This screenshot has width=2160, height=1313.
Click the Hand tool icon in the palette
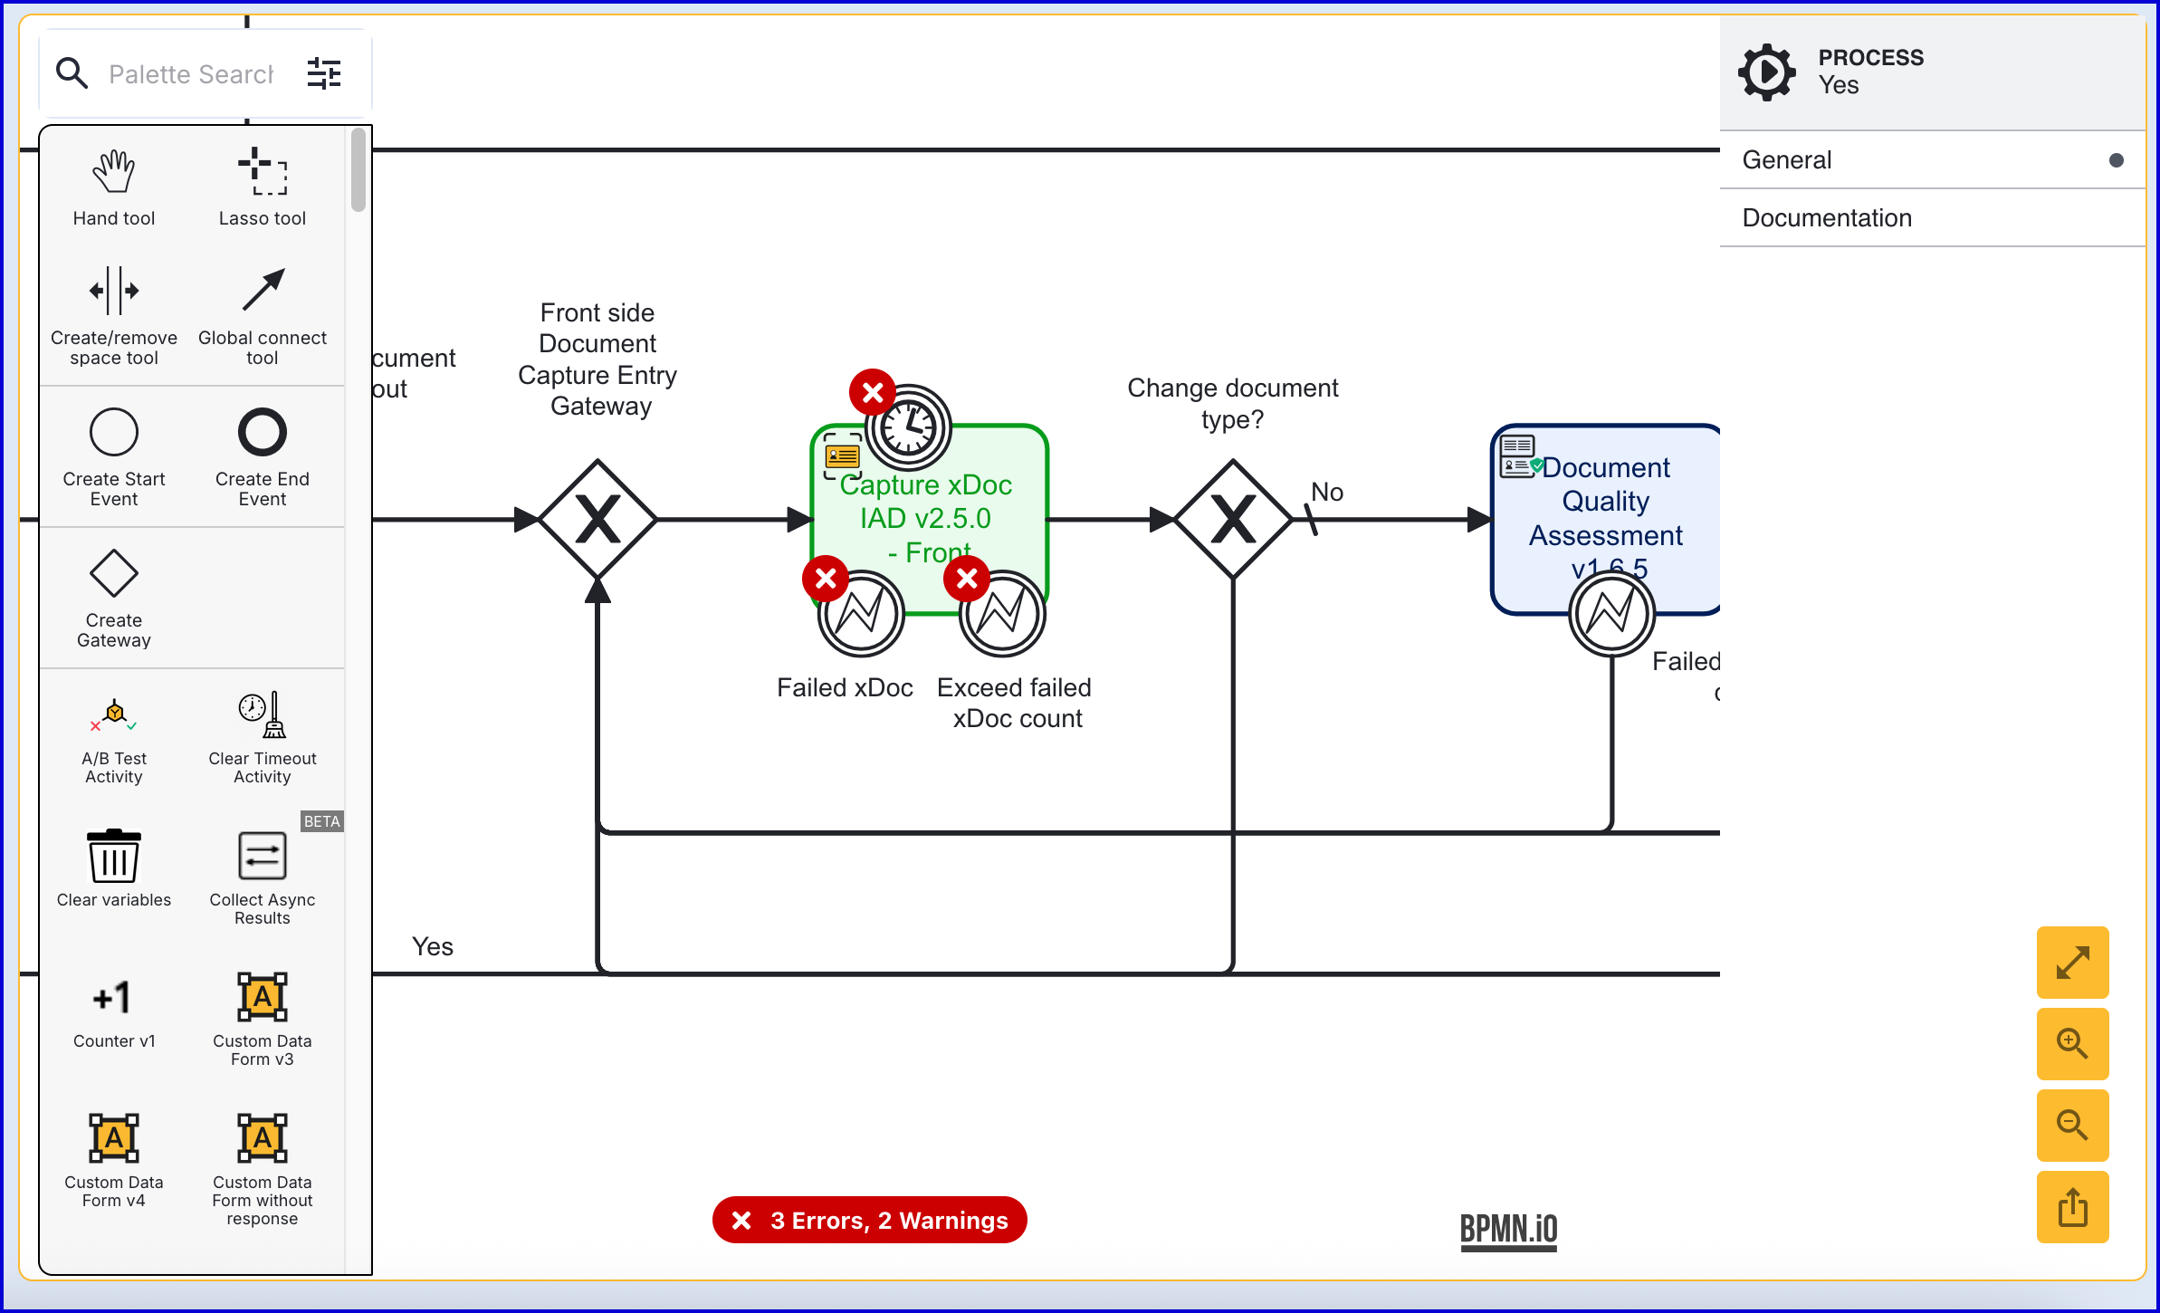(x=114, y=172)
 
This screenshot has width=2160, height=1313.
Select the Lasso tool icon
(x=263, y=172)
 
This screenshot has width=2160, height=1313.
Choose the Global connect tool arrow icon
(x=263, y=291)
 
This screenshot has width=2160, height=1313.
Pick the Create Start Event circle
(x=114, y=432)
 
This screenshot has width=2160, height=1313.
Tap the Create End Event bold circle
(x=263, y=432)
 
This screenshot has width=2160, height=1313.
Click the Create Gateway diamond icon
(x=114, y=573)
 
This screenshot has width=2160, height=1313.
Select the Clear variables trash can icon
(x=114, y=856)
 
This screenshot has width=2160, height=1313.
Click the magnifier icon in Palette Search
(x=72, y=73)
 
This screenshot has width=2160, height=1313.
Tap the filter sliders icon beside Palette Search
(x=324, y=73)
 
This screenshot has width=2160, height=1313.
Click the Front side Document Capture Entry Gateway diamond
(x=597, y=520)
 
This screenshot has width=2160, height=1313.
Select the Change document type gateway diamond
(x=1233, y=520)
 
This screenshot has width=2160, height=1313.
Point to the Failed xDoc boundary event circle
(x=861, y=615)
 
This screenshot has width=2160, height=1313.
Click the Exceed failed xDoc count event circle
(x=1002, y=615)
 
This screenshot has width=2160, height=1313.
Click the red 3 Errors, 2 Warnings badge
(x=870, y=1221)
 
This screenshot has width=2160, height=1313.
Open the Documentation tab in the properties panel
(x=1827, y=218)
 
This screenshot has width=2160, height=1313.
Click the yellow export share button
(x=2072, y=1207)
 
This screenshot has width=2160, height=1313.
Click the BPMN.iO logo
(x=1508, y=1231)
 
